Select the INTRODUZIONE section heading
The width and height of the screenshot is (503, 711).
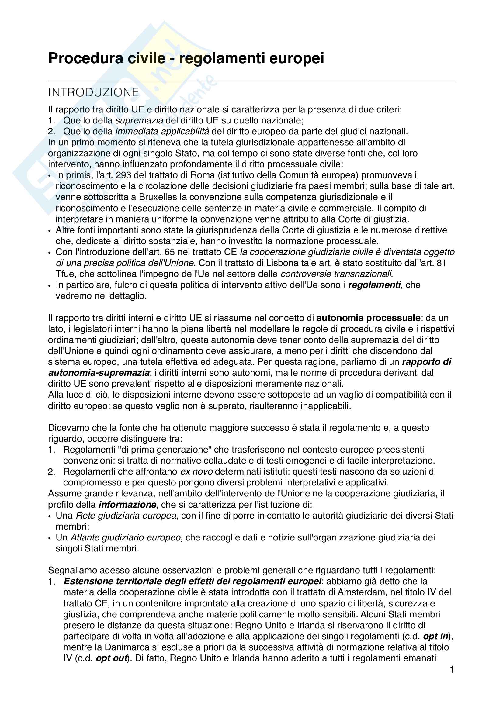pos(94,93)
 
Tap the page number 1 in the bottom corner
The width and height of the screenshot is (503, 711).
pos(452,670)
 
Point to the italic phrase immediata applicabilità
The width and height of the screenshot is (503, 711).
pos(162,132)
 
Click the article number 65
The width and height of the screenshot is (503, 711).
pos(170,252)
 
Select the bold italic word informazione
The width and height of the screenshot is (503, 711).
pos(127,505)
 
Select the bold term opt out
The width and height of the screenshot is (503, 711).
pos(112,658)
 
